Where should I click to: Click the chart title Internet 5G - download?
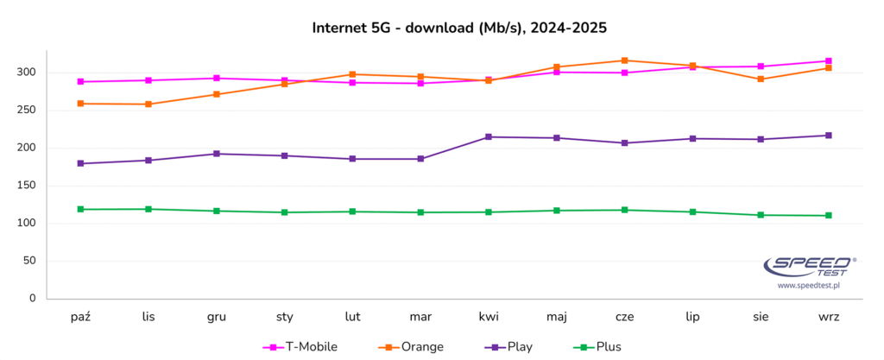pyautogui.click(x=459, y=28)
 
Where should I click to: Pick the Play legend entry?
pyautogui.click(x=508, y=347)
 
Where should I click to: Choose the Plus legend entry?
pyautogui.click(x=597, y=347)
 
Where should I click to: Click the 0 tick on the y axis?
pyautogui.click(x=33, y=299)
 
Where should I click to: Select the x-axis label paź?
pyautogui.click(x=80, y=317)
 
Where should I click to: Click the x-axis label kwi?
pyautogui.click(x=489, y=317)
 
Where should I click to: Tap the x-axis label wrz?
pyautogui.click(x=829, y=317)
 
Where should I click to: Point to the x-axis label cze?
pyautogui.click(x=624, y=317)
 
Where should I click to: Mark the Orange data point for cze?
pyautogui.click(x=624, y=60)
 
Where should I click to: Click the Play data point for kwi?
pyautogui.click(x=489, y=136)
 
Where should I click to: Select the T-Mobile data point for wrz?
pyautogui.click(x=829, y=61)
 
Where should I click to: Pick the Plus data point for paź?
pyautogui.click(x=80, y=209)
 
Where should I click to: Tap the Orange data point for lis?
pyautogui.click(x=148, y=104)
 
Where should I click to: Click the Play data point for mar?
pyautogui.click(x=420, y=159)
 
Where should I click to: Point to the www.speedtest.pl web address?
pyautogui.click(x=808, y=285)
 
